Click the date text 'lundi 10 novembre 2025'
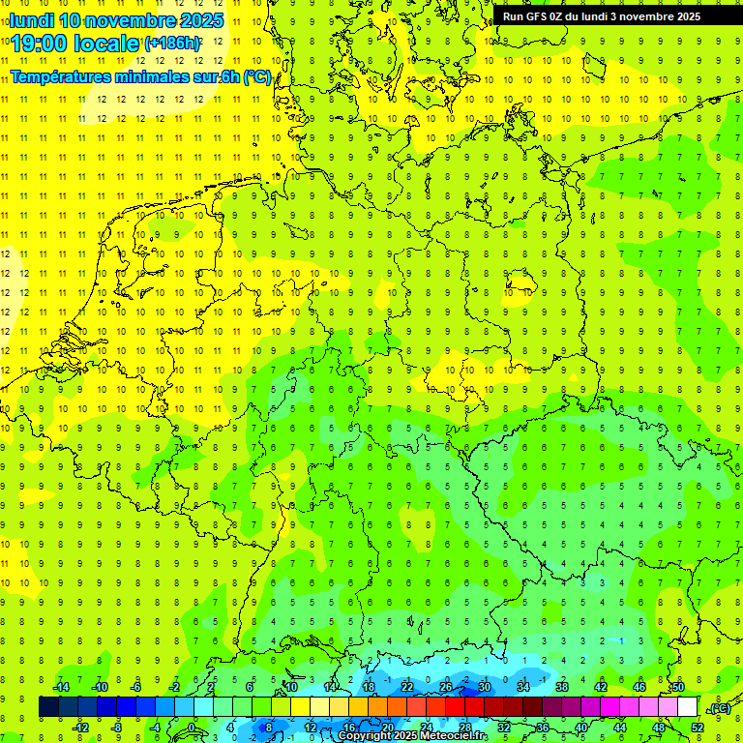click(116, 20)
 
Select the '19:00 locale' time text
click(74, 43)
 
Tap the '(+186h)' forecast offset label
click(173, 44)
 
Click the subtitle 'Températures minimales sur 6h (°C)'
click(141, 77)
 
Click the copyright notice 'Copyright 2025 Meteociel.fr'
click(413, 736)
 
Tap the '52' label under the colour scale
click(698, 728)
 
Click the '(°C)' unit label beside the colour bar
click(720, 708)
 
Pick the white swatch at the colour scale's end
click(688, 707)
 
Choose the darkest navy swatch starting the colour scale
click(48, 707)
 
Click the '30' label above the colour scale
click(485, 687)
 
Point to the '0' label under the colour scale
click(192, 728)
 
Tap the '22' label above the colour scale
click(407, 687)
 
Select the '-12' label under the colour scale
click(81, 728)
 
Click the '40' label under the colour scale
click(581, 728)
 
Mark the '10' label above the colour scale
click(291, 687)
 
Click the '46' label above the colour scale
click(639, 687)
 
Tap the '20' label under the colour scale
click(388, 728)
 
